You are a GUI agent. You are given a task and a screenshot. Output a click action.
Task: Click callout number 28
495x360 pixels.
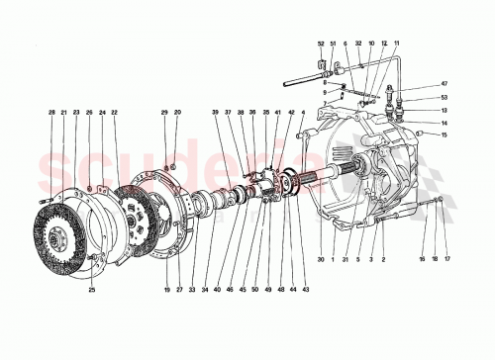click(x=52, y=115)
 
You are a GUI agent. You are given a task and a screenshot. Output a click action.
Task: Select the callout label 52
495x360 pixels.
click(x=322, y=45)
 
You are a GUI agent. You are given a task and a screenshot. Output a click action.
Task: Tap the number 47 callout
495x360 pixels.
click(x=445, y=85)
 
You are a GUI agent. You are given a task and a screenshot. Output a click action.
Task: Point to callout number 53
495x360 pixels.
click(x=445, y=98)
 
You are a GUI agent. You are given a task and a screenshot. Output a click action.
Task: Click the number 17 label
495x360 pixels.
click(x=445, y=260)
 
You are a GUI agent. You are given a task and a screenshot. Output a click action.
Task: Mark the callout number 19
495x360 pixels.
click(x=169, y=290)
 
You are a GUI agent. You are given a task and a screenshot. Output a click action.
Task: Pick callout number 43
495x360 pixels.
click(x=307, y=290)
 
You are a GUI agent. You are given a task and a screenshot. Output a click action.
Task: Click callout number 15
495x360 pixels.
click(x=445, y=135)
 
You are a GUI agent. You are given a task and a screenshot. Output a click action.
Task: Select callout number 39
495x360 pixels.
click(x=214, y=115)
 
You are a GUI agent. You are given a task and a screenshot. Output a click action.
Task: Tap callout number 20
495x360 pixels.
click(x=178, y=115)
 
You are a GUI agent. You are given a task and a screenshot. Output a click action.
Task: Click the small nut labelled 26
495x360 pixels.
click(x=91, y=188)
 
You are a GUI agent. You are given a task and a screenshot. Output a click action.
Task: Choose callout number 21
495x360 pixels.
click(x=64, y=115)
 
